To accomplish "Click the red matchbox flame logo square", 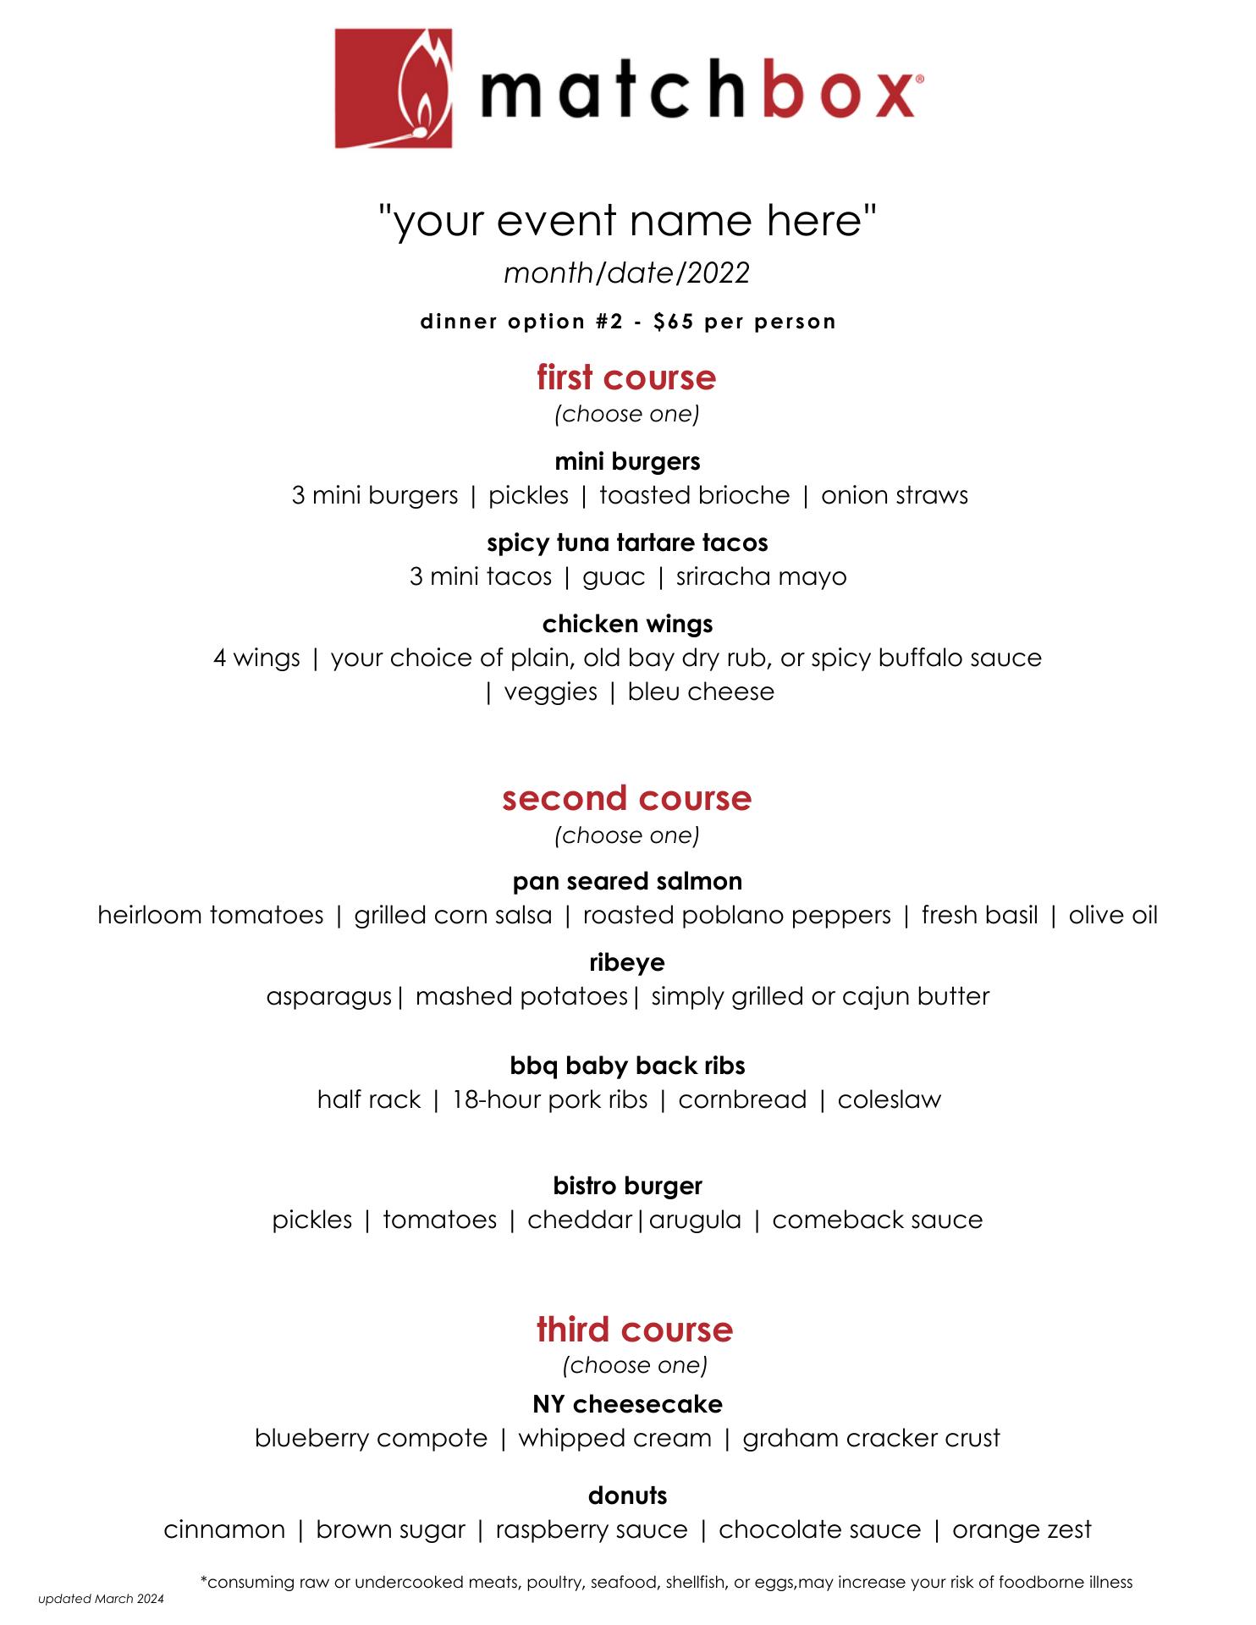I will coord(393,89).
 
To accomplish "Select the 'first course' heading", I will coord(626,377).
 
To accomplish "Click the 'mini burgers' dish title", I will coord(627,461).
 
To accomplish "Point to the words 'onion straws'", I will coord(894,495).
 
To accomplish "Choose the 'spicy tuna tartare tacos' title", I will coord(627,543).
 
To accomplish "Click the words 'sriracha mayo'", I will coord(761,576).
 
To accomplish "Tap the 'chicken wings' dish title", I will coord(627,624).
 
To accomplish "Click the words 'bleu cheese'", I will coord(701,691).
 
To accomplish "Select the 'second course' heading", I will coord(626,798).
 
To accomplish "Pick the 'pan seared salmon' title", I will coord(627,881).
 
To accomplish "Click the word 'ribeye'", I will coord(627,962).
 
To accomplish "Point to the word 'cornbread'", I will coord(742,1099).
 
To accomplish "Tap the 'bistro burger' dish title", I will coord(627,1186).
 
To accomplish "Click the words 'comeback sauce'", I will coord(877,1220).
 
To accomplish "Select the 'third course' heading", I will coord(634,1329).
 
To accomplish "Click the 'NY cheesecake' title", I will coord(627,1404).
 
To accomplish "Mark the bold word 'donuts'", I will coord(627,1496).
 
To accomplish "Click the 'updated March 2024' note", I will coord(101,1599).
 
